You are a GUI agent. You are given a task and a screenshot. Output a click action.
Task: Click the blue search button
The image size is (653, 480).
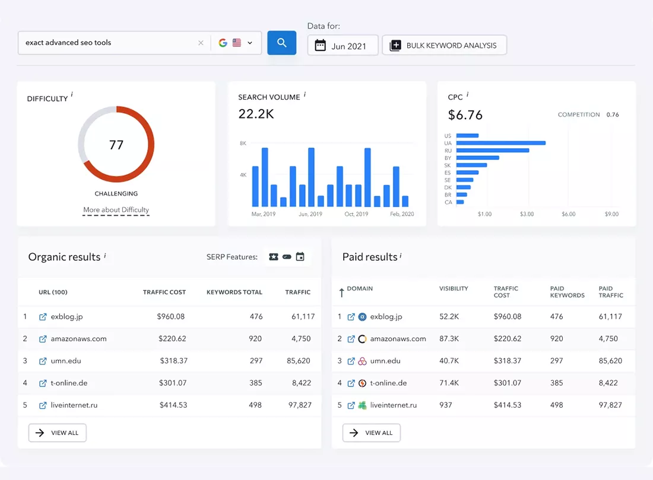tap(281, 43)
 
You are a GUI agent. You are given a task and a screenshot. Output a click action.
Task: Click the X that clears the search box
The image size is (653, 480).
tap(201, 43)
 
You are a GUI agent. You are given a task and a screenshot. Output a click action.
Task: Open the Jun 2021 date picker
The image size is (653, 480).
tap(343, 45)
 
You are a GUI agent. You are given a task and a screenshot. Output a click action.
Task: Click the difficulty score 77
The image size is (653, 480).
tap(116, 145)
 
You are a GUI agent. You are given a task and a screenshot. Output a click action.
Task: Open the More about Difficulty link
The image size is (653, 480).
tap(116, 210)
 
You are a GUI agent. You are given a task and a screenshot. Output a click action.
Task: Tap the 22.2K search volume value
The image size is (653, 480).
tap(256, 114)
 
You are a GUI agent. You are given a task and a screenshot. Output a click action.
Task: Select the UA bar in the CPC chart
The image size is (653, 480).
tap(501, 143)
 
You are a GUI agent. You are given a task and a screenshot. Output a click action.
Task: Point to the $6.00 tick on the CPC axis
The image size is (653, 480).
tap(569, 214)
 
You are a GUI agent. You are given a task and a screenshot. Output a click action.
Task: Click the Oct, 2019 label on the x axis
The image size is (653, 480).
tap(356, 214)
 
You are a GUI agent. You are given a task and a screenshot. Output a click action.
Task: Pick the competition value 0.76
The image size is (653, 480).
tap(613, 115)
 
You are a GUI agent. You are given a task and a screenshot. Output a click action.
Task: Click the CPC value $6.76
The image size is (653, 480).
tap(465, 115)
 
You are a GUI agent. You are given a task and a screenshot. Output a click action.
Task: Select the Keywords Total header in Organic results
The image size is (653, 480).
tap(234, 292)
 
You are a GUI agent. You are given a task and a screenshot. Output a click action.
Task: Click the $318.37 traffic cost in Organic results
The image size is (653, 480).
tap(174, 361)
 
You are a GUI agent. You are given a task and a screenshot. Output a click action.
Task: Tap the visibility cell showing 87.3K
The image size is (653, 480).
tap(449, 339)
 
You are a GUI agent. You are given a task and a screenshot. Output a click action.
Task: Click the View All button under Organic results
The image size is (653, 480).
tap(58, 433)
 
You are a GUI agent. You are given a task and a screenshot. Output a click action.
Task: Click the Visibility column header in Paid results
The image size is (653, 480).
tap(454, 289)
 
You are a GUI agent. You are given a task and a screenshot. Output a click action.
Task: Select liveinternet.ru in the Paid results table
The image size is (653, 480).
tap(393, 405)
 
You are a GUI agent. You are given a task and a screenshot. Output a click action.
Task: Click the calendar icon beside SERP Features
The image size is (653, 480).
tap(300, 257)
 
